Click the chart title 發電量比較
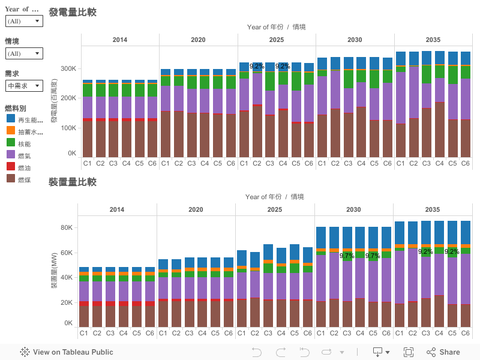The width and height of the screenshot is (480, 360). point(73,13)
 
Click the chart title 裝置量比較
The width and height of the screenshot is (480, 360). point(73,182)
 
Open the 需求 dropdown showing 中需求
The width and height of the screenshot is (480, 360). point(24,86)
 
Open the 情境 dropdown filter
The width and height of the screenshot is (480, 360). point(24,53)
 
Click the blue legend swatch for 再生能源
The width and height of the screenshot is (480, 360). point(10,120)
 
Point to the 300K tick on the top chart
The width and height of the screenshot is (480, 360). point(68,69)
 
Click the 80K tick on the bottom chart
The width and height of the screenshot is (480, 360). point(65,228)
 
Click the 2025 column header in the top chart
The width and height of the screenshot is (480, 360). point(277,40)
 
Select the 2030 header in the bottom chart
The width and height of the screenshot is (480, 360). point(354,209)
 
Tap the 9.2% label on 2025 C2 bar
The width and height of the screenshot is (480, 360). point(257,67)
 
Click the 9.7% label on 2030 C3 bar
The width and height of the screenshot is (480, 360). point(347,256)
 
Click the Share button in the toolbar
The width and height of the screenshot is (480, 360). point(443,352)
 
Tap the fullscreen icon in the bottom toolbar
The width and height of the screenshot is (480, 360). point(409,352)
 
